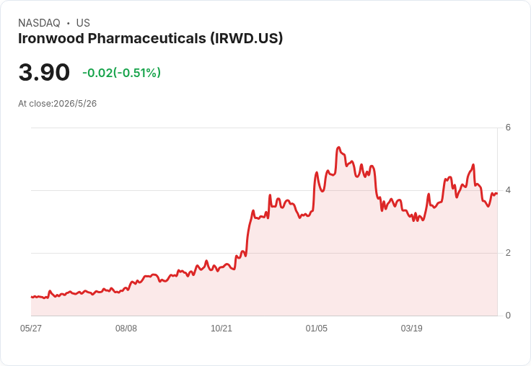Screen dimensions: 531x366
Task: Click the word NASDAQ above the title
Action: tap(39, 23)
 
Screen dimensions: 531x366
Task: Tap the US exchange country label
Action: tap(83, 23)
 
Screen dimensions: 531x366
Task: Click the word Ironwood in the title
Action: tap(51, 38)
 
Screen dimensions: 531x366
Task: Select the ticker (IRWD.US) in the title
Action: tap(246, 38)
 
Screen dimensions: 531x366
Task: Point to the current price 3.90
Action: tap(44, 72)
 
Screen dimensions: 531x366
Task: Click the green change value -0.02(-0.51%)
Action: tap(122, 73)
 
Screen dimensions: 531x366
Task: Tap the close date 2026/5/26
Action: tap(75, 104)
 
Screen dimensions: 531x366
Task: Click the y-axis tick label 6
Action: tap(508, 128)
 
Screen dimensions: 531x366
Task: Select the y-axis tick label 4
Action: tap(508, 190)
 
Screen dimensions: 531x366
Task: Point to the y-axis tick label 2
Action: tap(508, 253)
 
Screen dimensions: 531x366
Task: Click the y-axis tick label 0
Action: tap(508, 316)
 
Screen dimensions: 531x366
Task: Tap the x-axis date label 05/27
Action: tap(31, 329)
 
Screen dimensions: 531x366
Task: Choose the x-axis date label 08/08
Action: tap(126, 329)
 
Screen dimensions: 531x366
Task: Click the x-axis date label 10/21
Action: tap(221, 329)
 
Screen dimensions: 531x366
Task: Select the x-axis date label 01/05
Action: tap(316, 329)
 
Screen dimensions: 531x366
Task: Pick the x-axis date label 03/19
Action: tap(411, 329)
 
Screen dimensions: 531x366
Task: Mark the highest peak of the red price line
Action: tap(338, 148)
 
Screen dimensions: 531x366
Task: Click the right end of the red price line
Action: tap(497, 194)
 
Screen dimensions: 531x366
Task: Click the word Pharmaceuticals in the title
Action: tap(147, 38)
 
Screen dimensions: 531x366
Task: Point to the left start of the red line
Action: tap(32, 297)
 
